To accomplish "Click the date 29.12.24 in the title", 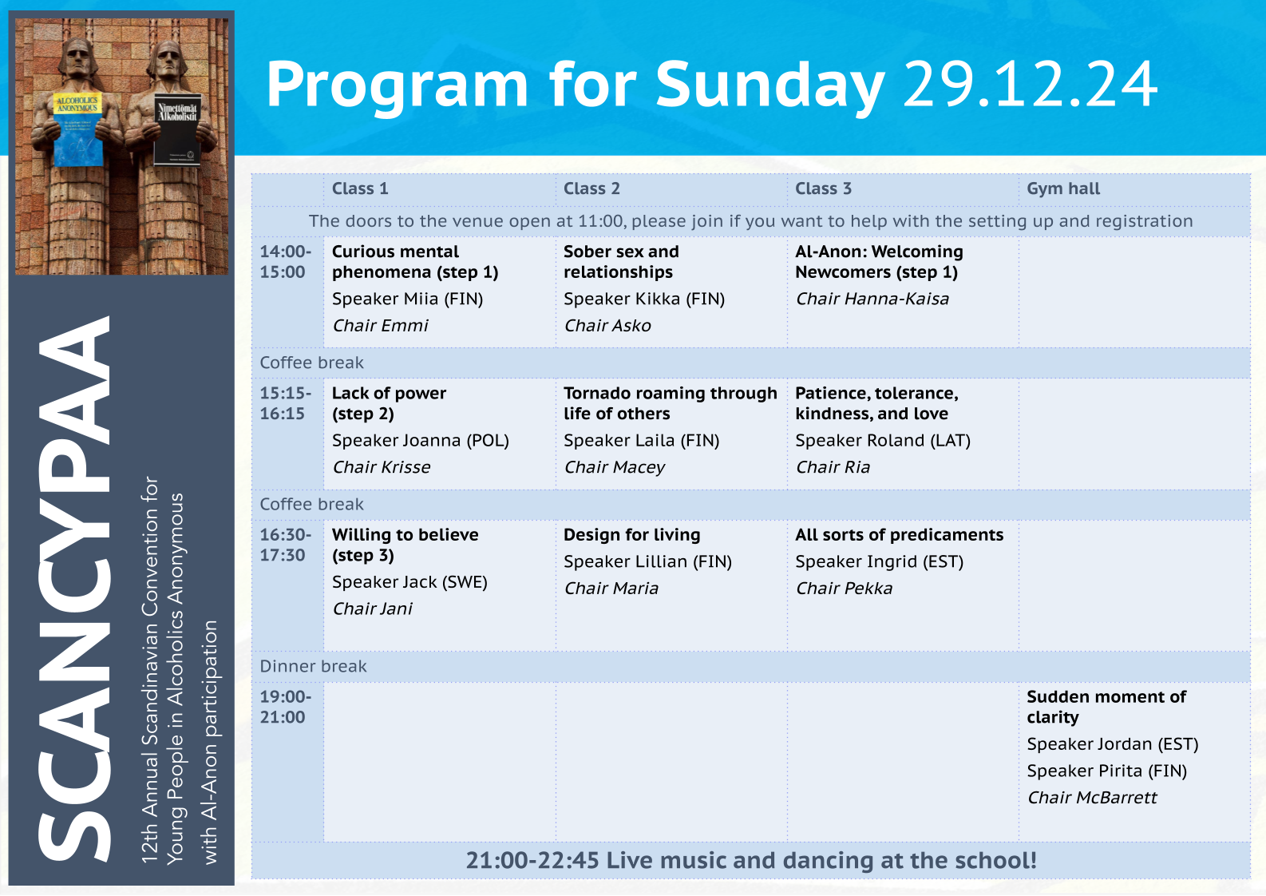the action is pyautogui.click(x=1031, y=84).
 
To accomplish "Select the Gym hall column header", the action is pyautogui.click(x=1063, y=188).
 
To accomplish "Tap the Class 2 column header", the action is pyautogui.click(x=591, y=188).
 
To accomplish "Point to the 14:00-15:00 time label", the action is pyautogui.click(x=286, y=262).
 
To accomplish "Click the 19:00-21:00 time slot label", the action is pyautogui.click(x=286, y=707).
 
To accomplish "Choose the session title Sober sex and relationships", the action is pyautogui.click(x=621, y=262).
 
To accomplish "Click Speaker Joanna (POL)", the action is pyautogui.click(x=421, y=440).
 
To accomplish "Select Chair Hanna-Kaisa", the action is pyautogui.click(x=872, y=299).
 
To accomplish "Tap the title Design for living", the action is pyautogui.click(x=632, y=535).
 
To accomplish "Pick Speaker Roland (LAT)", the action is pyautogui.click(x=883, y=440).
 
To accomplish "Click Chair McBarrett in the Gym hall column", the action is pyautogui.click(x=1092, y=797).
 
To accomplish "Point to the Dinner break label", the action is pyautogui.click(x=313, y=667).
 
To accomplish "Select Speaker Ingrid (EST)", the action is pyautogui.click(x=880, y=561).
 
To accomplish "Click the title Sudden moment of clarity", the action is pyautogui.click(x=1106, y=707).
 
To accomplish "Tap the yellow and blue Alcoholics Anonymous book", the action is pyautogui.click(x=78, y=129).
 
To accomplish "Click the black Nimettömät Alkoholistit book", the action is pyautogui.click(x=177, y=129).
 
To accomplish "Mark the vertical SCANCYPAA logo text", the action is pyautogui.click(x=73, y=589).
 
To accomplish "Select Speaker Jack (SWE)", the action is pyautogui.click(x=409, y=582).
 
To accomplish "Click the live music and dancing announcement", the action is pyautogui.click(x=751, y=860).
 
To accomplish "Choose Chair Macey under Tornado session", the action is pyautogui.click(x=615, y=467).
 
